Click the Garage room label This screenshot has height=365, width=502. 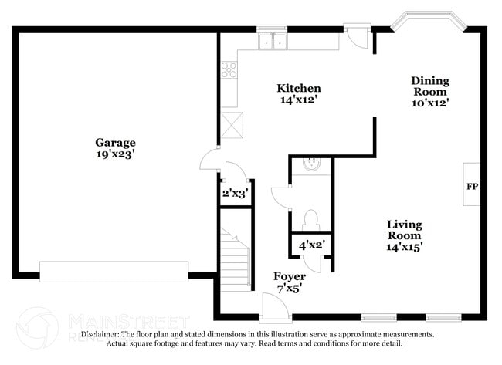(x=115, y=143)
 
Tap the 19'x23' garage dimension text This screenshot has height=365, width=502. (x=115, y=154)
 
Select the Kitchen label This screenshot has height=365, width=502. (x=300, y=89)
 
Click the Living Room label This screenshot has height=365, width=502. (x=405, y=230)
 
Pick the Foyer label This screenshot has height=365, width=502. (x=290, y=276)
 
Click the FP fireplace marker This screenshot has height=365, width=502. (x=471, y=186)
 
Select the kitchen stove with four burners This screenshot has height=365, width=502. (x=229, y=70)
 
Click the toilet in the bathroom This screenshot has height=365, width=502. (x=311, y=219)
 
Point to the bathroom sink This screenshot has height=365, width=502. (x=311, y=164)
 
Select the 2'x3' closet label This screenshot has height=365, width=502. (x=234, y=194)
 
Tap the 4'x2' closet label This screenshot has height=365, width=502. (x=311, y=245)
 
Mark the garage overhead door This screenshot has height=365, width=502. (x=114, y=272)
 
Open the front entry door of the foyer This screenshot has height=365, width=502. (x=275, y=309)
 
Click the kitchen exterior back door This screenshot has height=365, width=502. (x=358, y=35)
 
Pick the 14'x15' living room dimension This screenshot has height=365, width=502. (x=405, y=247)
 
